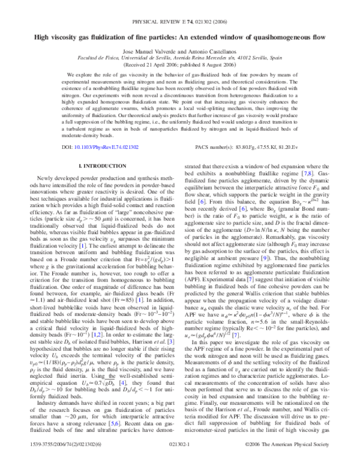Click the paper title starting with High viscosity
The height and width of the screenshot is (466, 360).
[180, 37]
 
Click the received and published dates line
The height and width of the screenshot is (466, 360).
[180, 67]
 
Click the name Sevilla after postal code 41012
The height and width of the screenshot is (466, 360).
[262, 60]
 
